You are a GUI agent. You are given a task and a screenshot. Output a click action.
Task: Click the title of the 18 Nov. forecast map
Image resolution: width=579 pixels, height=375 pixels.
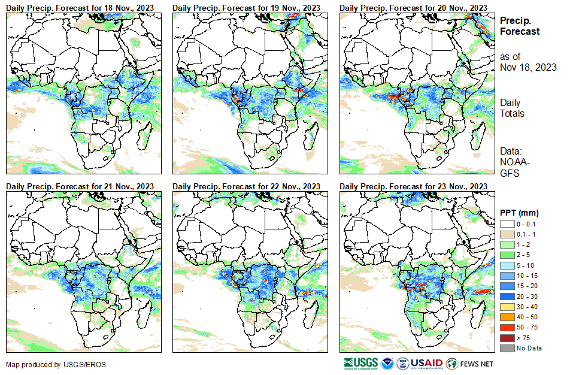pos(80,7)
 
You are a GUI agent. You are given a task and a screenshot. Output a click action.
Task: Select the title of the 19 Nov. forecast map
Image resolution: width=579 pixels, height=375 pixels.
pos(247,7)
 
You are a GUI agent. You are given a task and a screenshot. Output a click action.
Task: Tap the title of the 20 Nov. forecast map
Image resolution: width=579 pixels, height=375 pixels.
pos(414,7)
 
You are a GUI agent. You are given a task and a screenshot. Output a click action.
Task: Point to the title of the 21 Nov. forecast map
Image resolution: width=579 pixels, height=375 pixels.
pos(80,186)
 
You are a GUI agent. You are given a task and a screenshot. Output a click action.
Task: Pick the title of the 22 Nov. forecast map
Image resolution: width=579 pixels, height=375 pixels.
pos(247,186)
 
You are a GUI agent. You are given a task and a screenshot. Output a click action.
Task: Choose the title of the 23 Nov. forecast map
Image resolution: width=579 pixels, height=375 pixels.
pos(414,186)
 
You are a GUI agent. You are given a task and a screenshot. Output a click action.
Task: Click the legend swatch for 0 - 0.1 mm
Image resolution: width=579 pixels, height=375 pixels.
pos(507,223)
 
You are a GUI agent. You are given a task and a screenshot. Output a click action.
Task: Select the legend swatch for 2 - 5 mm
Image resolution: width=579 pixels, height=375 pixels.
pos(507,255)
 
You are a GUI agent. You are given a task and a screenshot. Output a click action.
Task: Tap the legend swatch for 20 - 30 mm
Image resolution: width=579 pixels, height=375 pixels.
pos(507,296)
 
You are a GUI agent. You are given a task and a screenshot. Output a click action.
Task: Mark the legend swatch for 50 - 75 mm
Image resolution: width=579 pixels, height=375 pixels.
pos(507,327)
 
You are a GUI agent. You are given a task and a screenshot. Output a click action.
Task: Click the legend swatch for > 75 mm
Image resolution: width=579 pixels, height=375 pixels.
pos(507,338)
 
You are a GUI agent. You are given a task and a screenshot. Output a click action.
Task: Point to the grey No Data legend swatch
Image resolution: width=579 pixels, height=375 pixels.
pos(507,348)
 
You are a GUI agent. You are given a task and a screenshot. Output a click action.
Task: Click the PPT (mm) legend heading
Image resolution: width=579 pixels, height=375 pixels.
pos(519,213)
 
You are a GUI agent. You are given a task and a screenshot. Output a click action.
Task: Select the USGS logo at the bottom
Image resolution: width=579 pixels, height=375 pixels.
pos(360,363)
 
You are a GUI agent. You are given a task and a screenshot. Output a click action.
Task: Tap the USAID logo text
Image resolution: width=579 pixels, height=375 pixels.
pos(426,363)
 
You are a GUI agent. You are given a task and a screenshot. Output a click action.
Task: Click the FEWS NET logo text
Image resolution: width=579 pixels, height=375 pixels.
pos(477,364)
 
